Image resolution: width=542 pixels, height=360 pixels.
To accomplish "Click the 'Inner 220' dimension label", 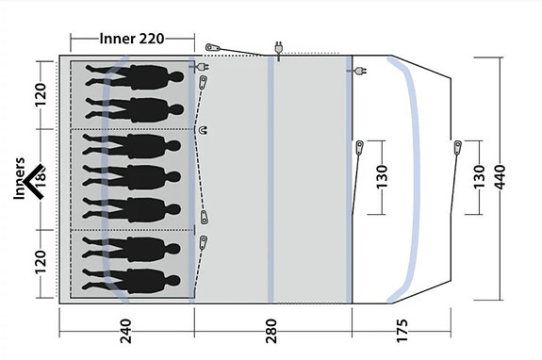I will coord(132,39).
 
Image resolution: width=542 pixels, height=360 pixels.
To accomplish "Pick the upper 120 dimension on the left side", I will coord(40,94).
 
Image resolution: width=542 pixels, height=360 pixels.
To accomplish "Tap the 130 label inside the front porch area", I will coord(381,176).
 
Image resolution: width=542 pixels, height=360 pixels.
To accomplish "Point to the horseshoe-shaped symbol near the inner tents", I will coord(202,130).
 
